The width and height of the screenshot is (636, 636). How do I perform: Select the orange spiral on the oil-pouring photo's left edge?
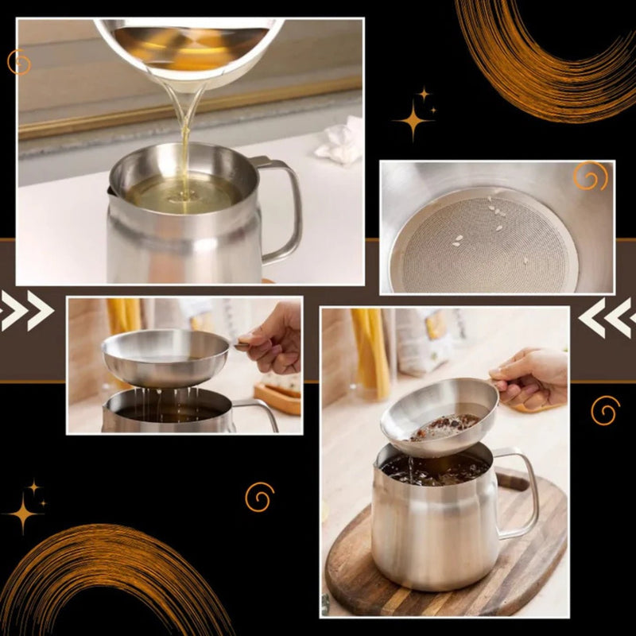(x=18, y=62)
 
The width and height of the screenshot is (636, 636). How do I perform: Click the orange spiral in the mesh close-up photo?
(x=590, y=176)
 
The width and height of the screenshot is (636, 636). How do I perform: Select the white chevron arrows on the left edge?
(x=25, y=310)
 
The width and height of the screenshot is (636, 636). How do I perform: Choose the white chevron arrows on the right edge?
(x=608, y=317)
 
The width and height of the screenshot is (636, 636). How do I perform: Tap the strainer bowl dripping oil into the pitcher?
(x=166, y=358)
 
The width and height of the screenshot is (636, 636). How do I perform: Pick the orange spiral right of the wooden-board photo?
(x=605, y=410)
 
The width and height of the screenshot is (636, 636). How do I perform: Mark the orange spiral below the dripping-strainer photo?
(x=259, y=497)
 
